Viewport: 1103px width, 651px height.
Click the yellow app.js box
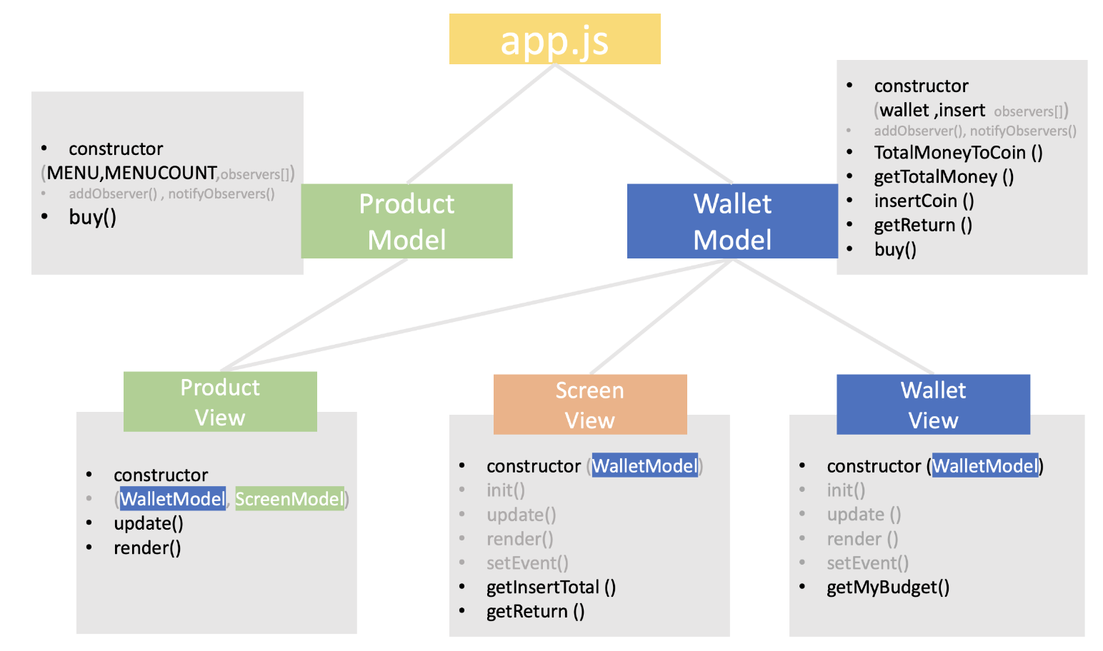tap(554, 39)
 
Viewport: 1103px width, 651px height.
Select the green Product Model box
tap(406, 221)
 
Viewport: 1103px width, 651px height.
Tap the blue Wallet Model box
tap(732, 221)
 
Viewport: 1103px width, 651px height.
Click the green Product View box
tap(220, 402)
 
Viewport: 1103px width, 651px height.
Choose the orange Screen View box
tap(590, 405)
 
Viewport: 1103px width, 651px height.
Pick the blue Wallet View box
tap(933, 405)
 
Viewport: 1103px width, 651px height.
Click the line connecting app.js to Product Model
tap(481, 124)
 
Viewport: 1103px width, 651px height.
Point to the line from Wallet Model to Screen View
tap(662, 316)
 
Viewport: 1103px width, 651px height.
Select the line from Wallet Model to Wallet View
tap(833, 316)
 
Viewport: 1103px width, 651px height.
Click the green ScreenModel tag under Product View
tap(289, 498)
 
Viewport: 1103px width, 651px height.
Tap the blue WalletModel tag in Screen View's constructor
tap(644, 465)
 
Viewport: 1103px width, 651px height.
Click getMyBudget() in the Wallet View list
tap(888, 587)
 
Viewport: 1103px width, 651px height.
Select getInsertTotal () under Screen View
tap(551, 587)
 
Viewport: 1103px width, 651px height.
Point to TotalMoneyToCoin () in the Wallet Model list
tap(958, 153)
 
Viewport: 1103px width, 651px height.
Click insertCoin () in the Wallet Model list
tap(924, 201)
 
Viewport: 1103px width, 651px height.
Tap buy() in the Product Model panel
tap(93, 217)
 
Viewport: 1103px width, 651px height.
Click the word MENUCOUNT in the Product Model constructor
tap(161, 173)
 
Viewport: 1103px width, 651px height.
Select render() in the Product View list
tap(147, 547)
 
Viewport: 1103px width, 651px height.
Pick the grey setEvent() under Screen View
tap(527, 563)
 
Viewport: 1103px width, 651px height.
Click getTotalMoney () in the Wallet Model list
tap(944, 176)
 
